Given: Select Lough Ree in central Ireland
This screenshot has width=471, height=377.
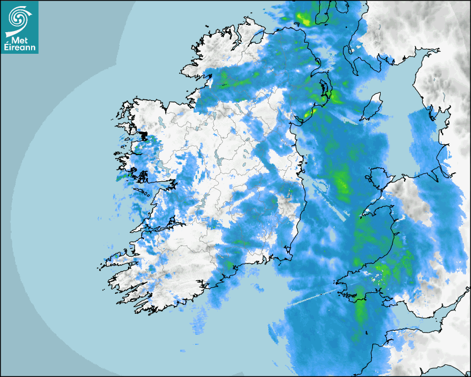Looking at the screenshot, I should pyautogui.click(x=222, y=161).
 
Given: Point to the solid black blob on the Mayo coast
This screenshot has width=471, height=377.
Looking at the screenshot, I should pyautogui.click(x=144, y=136).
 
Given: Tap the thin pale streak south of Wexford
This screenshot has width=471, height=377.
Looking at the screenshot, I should pyautogui.click(x=313, y=297).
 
